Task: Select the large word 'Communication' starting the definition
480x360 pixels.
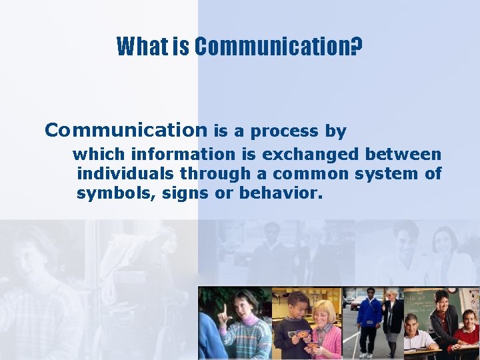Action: (x=126, y=130)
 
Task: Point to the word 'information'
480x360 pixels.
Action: (x=183, y=155)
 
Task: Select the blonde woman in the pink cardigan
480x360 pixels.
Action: (x=325, y=330)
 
